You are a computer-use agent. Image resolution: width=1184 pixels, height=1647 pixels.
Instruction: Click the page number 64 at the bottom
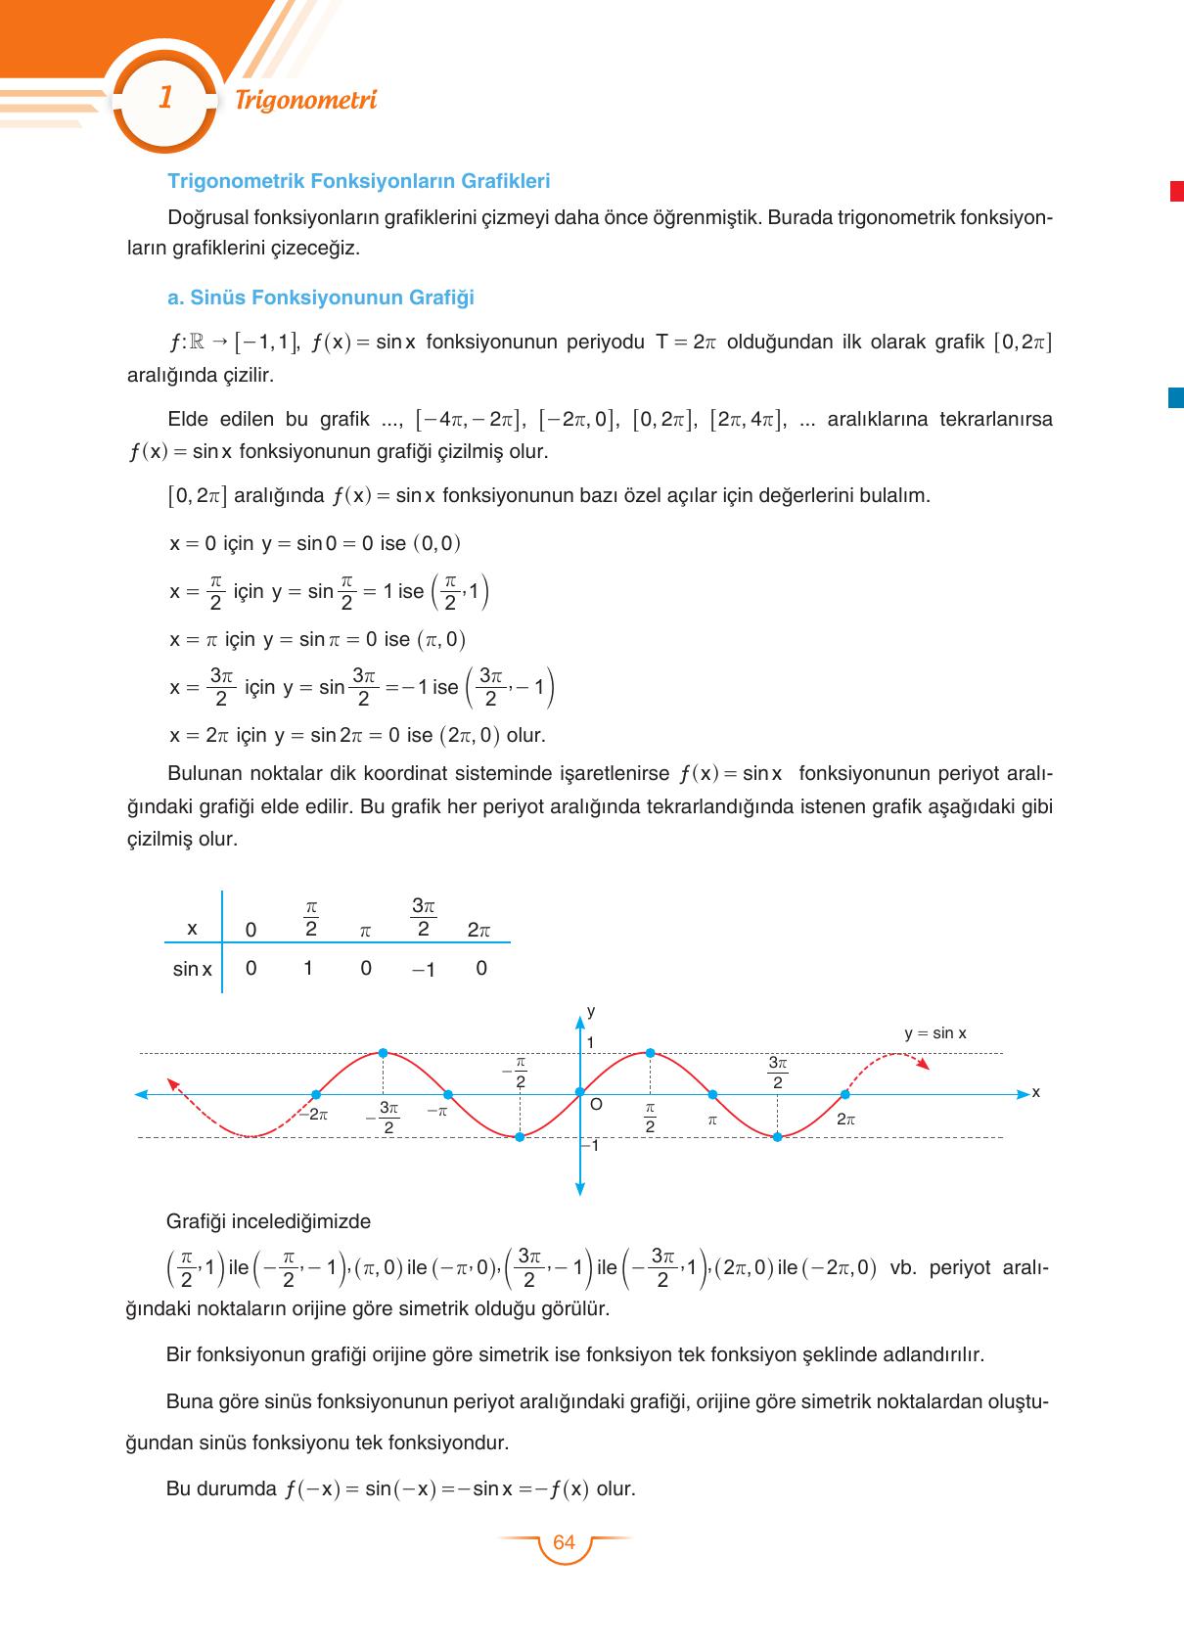tap(564, 1543)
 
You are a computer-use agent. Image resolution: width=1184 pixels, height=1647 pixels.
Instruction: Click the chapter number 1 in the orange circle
tap(165, 98)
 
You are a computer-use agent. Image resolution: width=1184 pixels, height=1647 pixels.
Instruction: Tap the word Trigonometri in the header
tap(306, 100)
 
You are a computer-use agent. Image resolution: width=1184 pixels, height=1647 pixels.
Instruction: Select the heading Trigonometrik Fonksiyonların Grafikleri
tap(359, 181)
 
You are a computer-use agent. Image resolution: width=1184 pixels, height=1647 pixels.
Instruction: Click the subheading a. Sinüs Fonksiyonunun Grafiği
tap(321, 297)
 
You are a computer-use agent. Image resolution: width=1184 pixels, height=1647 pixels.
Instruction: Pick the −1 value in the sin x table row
tap(423, 970)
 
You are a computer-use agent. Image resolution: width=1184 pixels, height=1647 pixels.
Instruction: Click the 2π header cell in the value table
tap(478, 931)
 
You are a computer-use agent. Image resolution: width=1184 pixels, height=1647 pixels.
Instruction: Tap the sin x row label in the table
tap(192, 970)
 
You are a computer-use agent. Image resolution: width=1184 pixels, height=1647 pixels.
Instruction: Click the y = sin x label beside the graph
tap(934, 1033)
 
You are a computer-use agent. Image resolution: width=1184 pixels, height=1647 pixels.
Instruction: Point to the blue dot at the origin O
tap(579, 1092)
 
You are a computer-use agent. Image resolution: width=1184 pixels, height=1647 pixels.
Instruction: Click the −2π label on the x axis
tap(312, 1114)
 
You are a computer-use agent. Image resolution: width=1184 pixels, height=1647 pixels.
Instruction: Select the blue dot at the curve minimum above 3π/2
tap(777, 1136)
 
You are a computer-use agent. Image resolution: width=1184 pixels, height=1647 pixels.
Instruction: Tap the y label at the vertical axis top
tap(590, 1011)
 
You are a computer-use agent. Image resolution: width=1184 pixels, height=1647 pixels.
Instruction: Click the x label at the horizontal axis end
tap(1035, 1092)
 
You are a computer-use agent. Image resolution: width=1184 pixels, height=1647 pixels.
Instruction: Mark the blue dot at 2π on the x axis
tap(844, 1093)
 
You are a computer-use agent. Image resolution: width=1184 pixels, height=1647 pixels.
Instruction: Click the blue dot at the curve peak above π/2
tap(649, 1053)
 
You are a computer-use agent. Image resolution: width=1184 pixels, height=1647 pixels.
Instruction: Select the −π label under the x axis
tap(436, 1112)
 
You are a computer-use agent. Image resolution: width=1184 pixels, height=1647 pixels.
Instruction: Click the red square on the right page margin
tap(1176, 192)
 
